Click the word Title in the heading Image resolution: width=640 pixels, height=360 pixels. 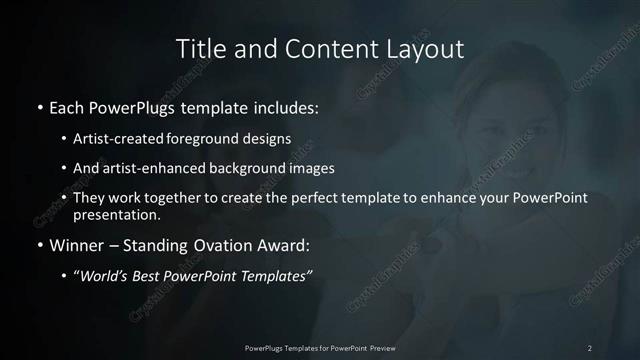point(198,48)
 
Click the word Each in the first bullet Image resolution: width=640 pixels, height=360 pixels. point(66,106)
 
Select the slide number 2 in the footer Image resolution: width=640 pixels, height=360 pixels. point(590,347)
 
